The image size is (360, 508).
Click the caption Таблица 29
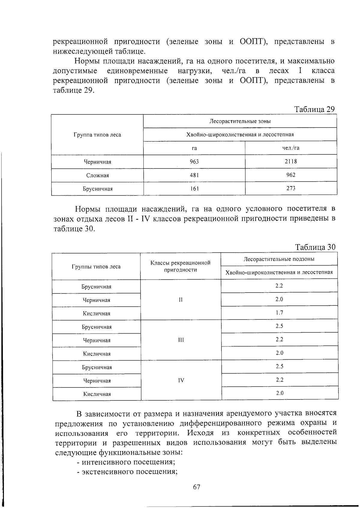(x=314, y=109)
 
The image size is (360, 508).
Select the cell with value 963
(x=194, y=162)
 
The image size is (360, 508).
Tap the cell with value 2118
(x=291, y=161)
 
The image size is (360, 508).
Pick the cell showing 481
(x=194, y=175)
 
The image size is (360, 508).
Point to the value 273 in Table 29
(x=291, y=188)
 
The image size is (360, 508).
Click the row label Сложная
(x=97, y=175)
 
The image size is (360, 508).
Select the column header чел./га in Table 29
(x=291, y=148)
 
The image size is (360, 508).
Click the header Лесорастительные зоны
(x=240, y=121)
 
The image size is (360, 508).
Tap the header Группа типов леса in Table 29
(x=97, y=135)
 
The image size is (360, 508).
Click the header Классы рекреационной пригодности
(x=181, y=266)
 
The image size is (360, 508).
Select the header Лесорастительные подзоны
(x=279, y=259)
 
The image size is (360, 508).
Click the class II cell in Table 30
(x=181, y=300)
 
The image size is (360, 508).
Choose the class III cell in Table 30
(x=181, y=340)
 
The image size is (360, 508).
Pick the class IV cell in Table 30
(x=181, y=380)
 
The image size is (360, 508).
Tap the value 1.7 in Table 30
(x=279, y=313)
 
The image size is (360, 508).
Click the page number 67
(x=196, y=487)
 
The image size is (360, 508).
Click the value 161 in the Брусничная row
(x=194, y=189)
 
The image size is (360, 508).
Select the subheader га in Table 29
(x=194, y=148)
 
